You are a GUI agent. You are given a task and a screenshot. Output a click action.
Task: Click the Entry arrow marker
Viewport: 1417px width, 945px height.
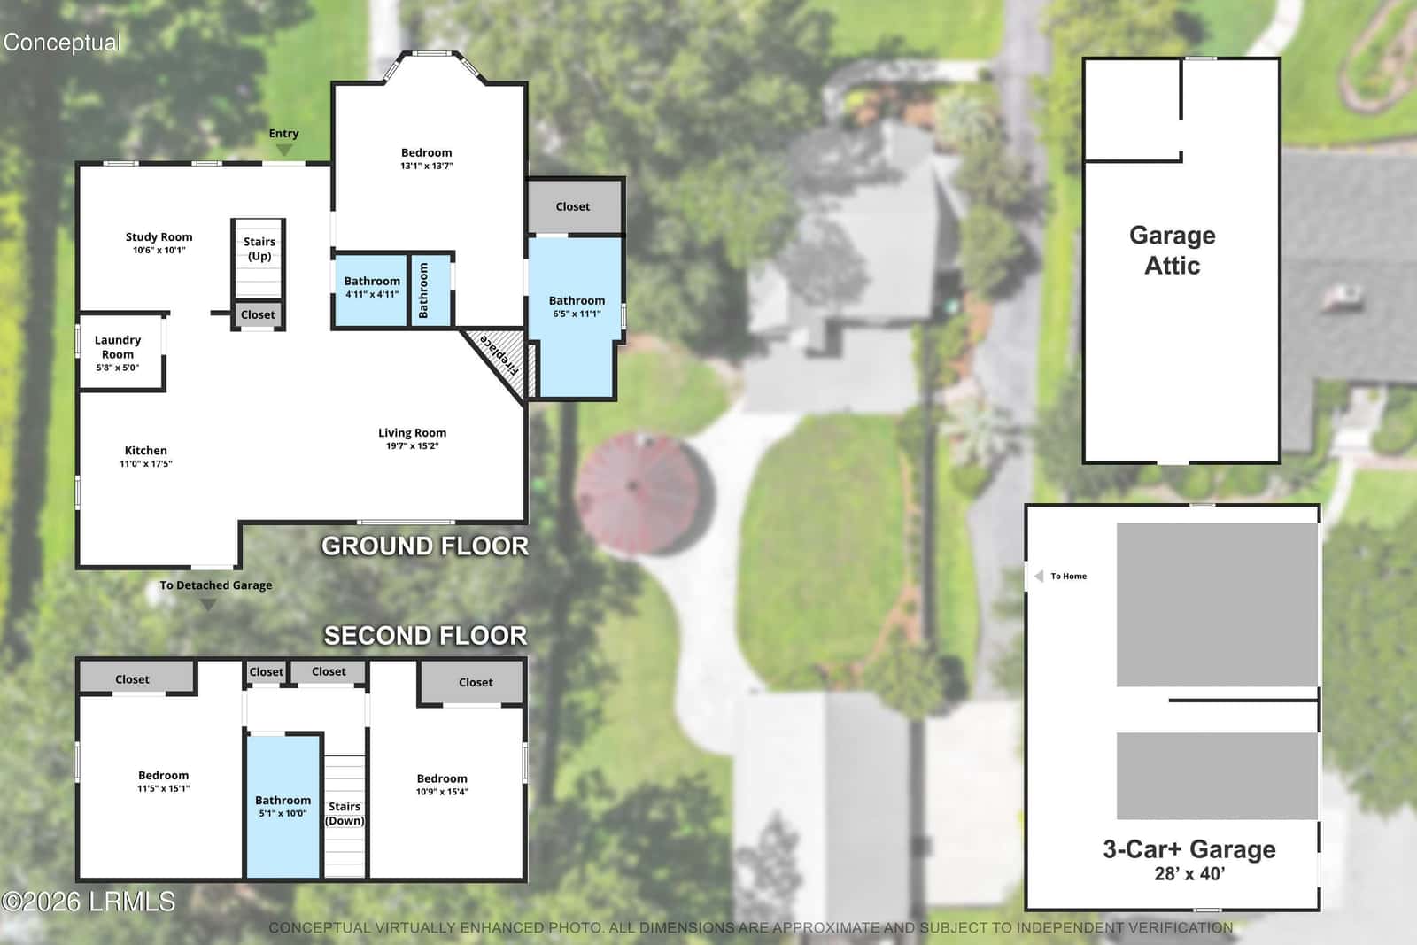(x=284, y=150)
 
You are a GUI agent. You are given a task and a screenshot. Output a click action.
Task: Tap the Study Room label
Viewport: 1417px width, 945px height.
(x=159, y=236)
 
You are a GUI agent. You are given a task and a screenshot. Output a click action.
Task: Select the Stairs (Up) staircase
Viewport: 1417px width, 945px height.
(x=258, y=258)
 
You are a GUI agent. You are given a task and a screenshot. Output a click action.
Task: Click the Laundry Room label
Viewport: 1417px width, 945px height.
(x=118, y=347)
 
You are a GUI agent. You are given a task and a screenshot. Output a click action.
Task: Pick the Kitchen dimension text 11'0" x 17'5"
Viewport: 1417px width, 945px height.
(x=146, y=464)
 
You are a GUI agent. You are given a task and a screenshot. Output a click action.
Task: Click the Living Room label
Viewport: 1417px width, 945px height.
(x=413, y=433)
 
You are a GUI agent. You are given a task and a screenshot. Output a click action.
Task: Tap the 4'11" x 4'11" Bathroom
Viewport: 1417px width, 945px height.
(x=371, y=290)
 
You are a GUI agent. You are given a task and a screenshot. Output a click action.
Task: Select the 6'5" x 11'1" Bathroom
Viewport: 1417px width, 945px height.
(x=575, y=316)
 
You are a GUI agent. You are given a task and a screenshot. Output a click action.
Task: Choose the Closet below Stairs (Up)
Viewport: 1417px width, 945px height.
(x=258, y=314)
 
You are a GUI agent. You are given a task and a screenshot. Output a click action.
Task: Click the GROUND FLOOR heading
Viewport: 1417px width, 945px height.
(x=425, y=546)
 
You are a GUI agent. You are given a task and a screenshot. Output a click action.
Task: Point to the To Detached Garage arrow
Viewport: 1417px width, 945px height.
(x=208, y=605)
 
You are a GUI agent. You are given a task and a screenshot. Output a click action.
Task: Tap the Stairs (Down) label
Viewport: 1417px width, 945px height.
(x=345, y=813)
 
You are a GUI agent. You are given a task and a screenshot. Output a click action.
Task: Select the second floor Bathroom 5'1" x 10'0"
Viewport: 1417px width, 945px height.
(x=283, y=807)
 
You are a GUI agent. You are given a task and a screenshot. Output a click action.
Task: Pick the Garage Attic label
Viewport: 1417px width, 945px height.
(x=1173, y=251)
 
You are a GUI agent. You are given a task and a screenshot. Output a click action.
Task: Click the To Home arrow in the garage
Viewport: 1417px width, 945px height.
(x=1039, y=577)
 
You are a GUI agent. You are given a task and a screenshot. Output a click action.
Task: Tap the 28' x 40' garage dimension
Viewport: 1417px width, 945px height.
(x=1190, y=873)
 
